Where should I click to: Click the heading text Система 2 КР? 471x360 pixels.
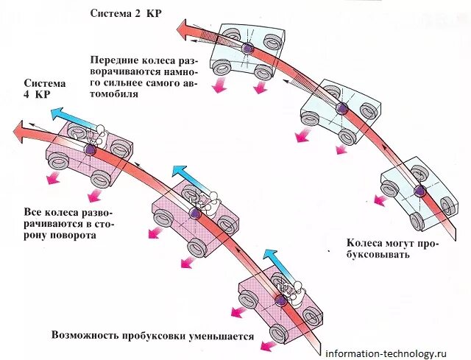127,13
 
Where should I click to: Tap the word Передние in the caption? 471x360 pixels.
113,59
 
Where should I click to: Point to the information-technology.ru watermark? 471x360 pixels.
396,352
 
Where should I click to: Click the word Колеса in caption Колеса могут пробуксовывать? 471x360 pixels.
364,241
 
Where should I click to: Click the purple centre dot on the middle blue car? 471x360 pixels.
341,108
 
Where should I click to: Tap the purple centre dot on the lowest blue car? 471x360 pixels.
419,191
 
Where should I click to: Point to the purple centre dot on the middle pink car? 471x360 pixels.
194,213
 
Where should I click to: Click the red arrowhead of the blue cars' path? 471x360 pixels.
184,30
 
